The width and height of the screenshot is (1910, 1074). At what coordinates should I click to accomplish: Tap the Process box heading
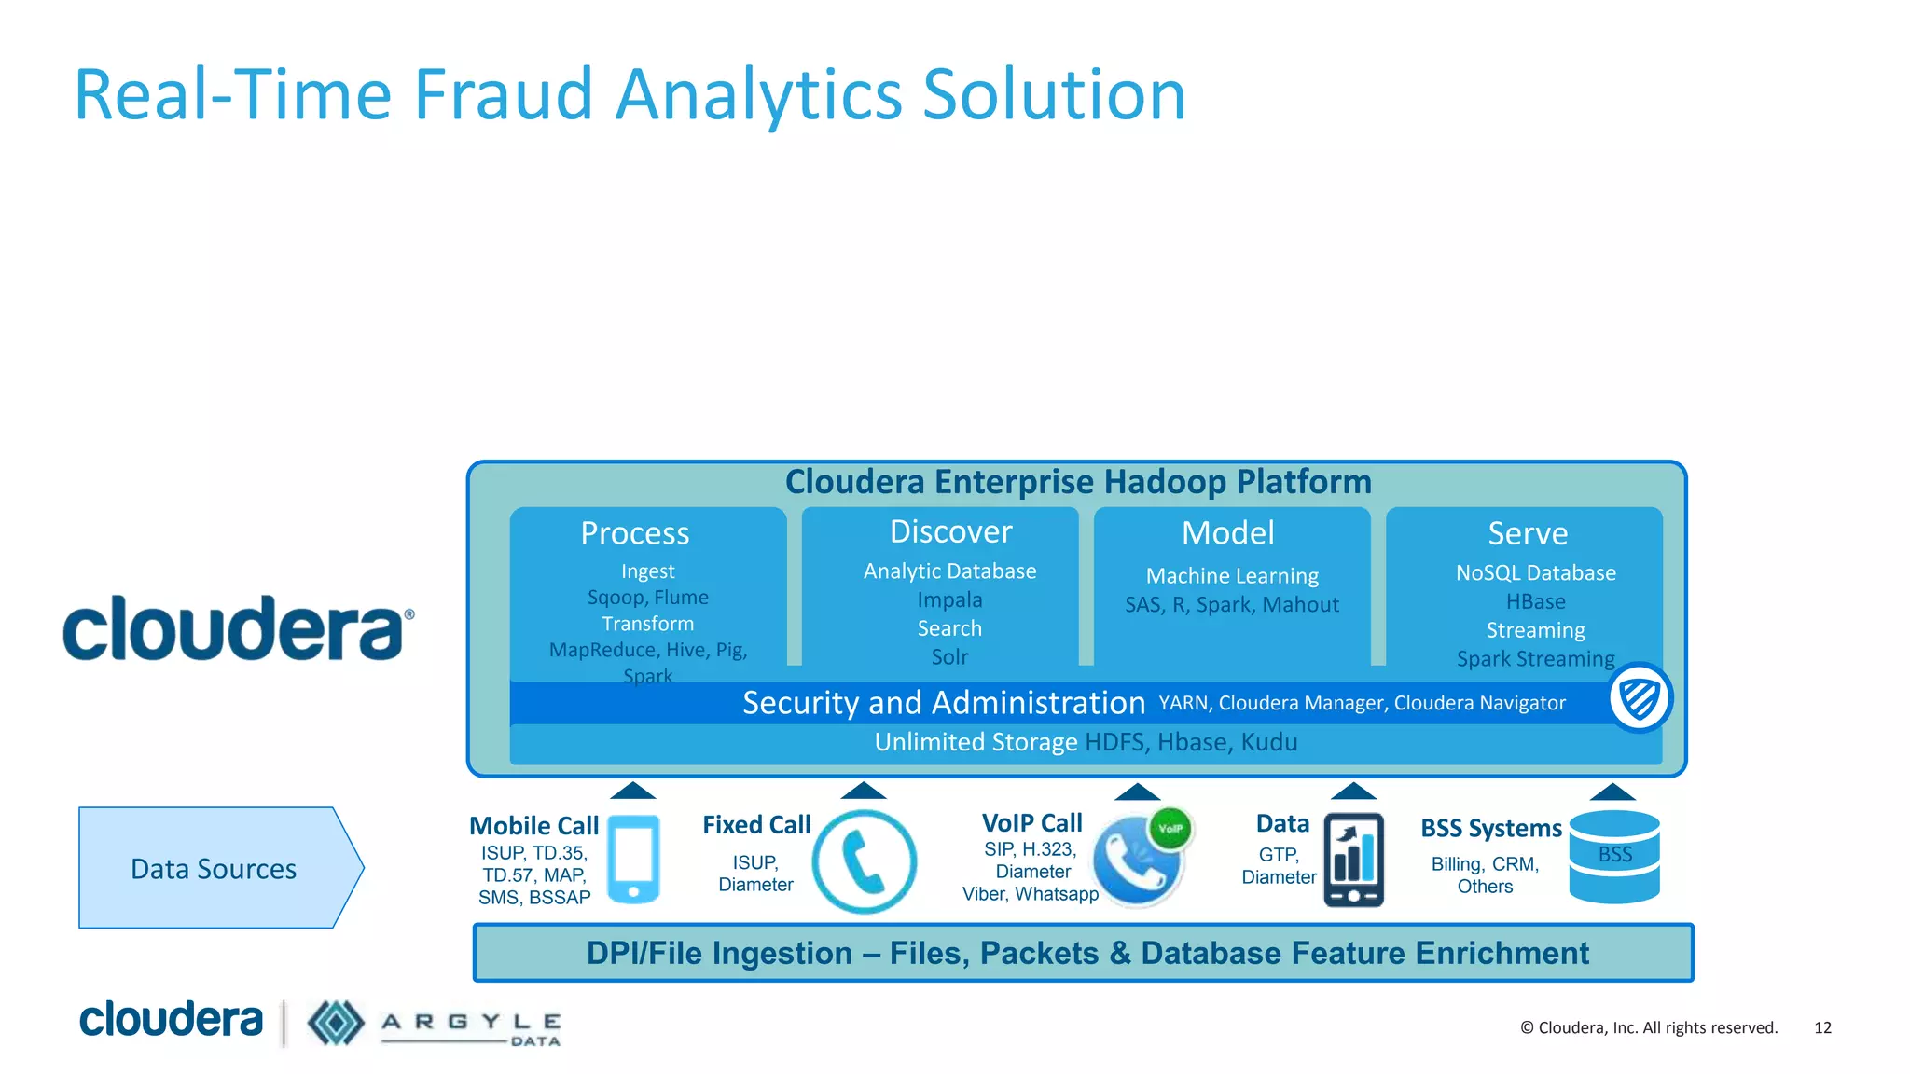pos(635,533)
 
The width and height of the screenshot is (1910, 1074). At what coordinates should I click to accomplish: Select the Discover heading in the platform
pos(950,531)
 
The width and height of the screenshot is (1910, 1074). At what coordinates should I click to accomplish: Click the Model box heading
pos(1227,533)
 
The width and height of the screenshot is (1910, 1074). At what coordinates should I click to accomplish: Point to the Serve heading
pos(1528,533)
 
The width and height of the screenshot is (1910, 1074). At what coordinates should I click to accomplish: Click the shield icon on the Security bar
pos(1640,698)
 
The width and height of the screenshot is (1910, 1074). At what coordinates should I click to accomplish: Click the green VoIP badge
pos(1170,828)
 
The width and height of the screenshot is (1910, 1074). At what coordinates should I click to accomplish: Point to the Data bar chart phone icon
pos(1353,861)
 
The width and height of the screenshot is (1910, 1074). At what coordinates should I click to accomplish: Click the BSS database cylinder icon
pos(1614,857)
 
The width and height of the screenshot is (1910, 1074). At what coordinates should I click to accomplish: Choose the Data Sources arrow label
pos(215,869)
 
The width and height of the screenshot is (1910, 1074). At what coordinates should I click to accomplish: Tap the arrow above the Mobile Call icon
pos(632,791)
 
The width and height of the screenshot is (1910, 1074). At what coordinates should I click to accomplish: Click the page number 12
pos(1822,1027)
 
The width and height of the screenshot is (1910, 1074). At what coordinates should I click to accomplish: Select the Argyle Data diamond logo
pos(336,1023)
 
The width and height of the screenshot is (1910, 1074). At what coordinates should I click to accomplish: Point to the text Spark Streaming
pos(1535,659)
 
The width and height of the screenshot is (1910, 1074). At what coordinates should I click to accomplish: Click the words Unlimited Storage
pos(976,742)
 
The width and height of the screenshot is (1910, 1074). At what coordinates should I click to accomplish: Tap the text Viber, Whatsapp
pos(1031,894)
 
